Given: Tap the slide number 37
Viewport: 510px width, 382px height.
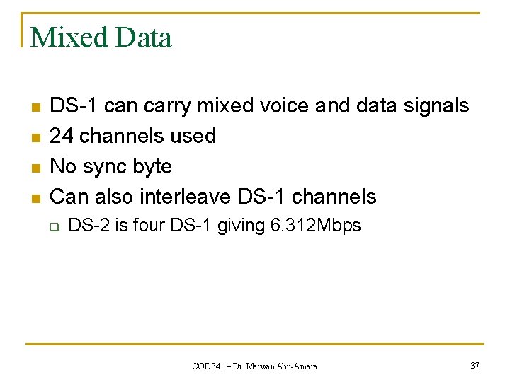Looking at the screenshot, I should point(475,365).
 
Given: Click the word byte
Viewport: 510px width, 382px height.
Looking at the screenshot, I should point(152,167).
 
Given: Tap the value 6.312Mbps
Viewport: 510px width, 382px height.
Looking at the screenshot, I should point(315,226).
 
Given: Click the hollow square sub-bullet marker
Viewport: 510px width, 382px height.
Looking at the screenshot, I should point(52,227).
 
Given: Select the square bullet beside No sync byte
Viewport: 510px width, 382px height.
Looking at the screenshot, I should point(35,168).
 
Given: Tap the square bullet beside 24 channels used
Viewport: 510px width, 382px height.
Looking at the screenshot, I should point(35,137).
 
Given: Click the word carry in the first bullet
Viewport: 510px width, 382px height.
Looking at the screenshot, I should point(168,106).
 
